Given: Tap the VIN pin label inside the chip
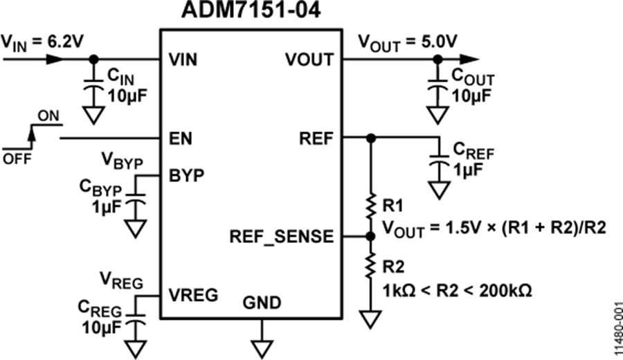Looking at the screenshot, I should (183, 60).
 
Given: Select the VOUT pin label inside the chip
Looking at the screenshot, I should (309, 60).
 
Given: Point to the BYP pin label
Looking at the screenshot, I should (185, 174).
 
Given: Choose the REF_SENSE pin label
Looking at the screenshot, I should (280, 237).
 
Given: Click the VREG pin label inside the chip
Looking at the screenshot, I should (193, 296).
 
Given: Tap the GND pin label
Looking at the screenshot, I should (262, 303).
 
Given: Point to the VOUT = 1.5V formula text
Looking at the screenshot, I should (485, 227).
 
